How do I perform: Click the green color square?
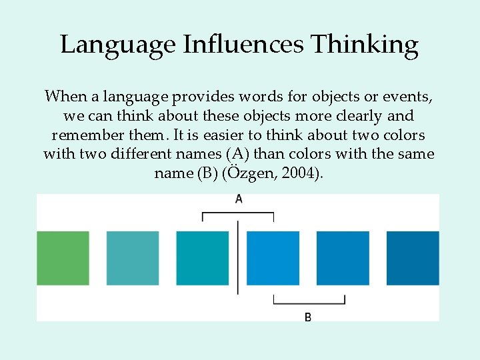point(63,258)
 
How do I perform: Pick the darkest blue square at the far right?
point(413,258)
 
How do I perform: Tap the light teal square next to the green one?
point(133,258)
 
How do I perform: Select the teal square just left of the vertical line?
point(203,258)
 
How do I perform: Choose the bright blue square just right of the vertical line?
point(273,258)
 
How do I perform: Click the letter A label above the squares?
point(239,199)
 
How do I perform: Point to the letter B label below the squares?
point(308,317)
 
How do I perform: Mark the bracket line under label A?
point(238,213)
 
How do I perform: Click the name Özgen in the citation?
point(243,174)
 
